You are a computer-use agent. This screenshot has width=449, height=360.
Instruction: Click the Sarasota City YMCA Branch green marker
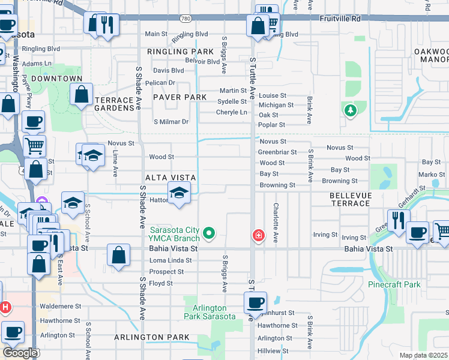point(209,232)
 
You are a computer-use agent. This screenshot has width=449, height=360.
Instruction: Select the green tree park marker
point(349,110)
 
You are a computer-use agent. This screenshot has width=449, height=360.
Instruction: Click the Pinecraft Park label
point(394,284)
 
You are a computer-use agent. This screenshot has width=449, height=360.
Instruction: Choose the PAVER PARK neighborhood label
point(179,97)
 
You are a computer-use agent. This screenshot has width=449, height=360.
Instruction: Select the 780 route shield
point(187,19)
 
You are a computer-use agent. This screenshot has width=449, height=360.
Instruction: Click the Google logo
point(20,353)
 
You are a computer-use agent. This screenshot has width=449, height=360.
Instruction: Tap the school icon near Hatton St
point(178,193)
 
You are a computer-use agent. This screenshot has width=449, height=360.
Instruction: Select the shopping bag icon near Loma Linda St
point(119,254)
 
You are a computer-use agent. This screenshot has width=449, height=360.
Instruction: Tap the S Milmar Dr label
point(171,122)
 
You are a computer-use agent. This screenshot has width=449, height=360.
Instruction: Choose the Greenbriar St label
point(277,152)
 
